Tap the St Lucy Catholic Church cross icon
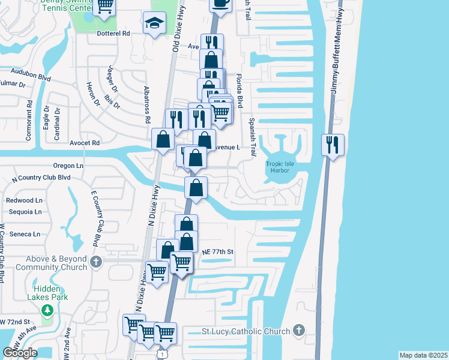(299, 331)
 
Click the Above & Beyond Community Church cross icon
(97, 262)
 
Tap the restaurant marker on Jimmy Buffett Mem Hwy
(333, 145)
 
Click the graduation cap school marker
(154, 23)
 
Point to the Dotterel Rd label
(113, 34)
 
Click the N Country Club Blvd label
(41, 178)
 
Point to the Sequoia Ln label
(24, 212)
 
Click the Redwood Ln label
(24, 200)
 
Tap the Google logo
(20, 352)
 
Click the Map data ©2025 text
(423, 355)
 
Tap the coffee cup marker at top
(220, 2)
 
